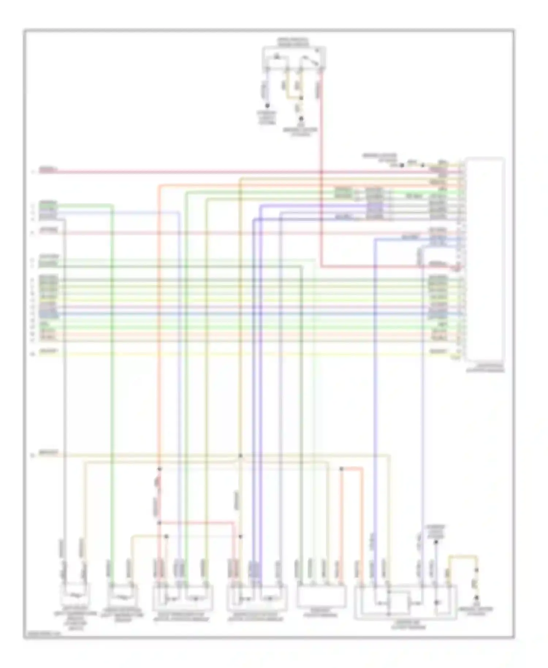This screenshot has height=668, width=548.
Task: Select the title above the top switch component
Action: point(293,42)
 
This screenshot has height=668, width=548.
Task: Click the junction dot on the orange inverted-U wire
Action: point(341,468)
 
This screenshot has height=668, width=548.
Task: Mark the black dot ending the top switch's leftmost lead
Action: point(267,106)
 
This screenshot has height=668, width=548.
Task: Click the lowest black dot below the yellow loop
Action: point(476,597)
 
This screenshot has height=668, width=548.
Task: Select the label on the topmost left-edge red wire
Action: point(48,170)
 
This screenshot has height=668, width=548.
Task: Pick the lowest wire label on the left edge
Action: point(49,453)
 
